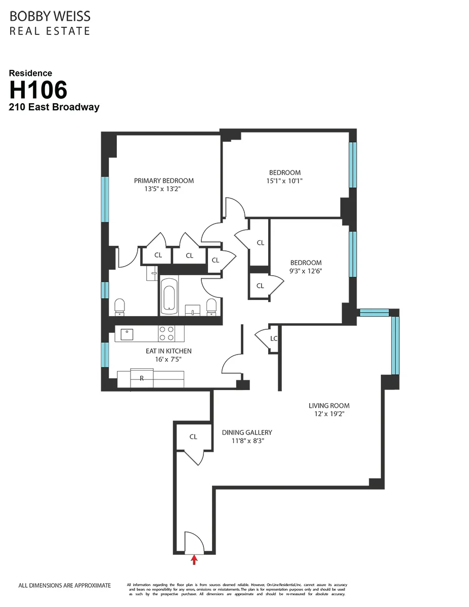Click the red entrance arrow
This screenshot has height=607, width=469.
pos(194,559)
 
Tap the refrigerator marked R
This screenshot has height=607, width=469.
pos(142,378)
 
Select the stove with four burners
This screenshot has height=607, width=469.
pos(167,333)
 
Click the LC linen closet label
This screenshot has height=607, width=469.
pos(274,338)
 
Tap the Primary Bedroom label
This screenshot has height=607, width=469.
pos(163,181)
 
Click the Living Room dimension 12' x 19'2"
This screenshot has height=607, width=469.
pos(329,414)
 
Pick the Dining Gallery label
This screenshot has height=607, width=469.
pos(247,432)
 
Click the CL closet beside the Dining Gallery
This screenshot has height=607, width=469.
pos(193,437)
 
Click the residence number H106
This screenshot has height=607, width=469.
pos(38,91)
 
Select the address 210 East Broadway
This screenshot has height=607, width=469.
pos(54,107)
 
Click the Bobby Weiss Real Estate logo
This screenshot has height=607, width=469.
pos(50,23)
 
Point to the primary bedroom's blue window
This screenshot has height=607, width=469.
pos(105,199)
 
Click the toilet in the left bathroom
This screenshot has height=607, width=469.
pos(120,306)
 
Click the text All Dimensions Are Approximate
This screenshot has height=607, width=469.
pos(64,586)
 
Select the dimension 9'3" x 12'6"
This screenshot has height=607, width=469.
pos(306,271)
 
